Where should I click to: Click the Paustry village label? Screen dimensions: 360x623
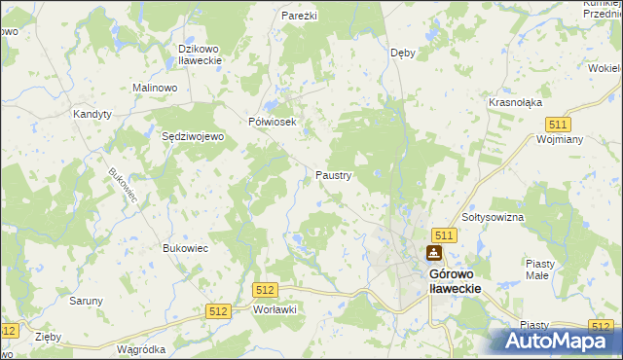333,176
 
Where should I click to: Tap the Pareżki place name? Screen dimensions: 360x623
301,17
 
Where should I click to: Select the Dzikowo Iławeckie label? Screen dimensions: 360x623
201,54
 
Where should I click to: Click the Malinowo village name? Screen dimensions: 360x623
154,88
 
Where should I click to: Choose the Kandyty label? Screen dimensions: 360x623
92,114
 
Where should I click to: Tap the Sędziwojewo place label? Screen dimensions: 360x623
193,137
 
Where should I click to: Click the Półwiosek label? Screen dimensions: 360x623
278,122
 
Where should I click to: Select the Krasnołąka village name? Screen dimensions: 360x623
516,102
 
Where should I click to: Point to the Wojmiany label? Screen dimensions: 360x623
559,139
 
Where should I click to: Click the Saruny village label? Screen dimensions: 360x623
86,301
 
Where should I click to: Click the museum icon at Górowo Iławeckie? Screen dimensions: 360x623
433,254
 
